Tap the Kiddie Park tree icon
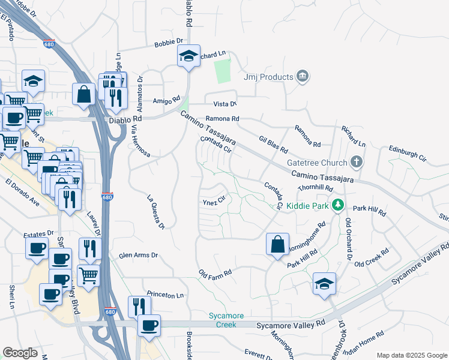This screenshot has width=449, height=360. click(338, 206)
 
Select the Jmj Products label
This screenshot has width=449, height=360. click(268, 77)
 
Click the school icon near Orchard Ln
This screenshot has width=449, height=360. click(188, 57)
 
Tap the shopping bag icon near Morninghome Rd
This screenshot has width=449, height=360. click(277, 244)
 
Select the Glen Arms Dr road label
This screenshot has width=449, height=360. click(138, 255)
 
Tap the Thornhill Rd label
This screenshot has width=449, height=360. click(315, 188)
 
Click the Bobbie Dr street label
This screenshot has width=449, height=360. click(168, 42)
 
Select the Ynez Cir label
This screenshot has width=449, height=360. click(213, 200)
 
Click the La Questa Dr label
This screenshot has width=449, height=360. click(155, 212)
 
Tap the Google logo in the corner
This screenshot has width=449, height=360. click(20, 353)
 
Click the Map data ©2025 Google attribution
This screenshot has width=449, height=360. click(411, 355)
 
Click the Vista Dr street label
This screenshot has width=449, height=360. click(225, 104)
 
